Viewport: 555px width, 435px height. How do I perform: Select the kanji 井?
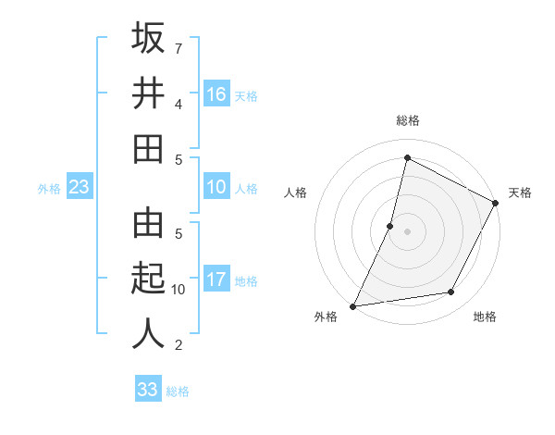[148, 93]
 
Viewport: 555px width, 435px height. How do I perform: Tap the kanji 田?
[148, 148]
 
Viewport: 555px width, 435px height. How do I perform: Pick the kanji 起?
[148, 279]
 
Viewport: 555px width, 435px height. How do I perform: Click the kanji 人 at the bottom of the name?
[148, 333]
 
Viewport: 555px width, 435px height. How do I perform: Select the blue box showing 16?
[216, 94]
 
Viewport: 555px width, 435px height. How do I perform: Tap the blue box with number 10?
[216, 188]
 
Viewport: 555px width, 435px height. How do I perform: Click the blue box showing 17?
[216, 280]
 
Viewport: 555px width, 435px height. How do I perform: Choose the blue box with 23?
[80, 188]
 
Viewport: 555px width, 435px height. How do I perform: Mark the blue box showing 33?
[147, 390]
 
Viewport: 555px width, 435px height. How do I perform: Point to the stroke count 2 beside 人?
[179, 345]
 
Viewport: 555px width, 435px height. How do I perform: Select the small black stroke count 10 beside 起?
[179, 290]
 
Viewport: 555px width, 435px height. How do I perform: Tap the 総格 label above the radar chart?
[407, 120]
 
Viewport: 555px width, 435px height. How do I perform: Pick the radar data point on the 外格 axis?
[352, 305]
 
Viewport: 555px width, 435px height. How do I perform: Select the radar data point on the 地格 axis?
[451, 292]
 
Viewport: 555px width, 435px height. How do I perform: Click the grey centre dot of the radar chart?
[407, 231]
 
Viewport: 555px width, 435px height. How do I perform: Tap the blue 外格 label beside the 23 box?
[49, 189]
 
